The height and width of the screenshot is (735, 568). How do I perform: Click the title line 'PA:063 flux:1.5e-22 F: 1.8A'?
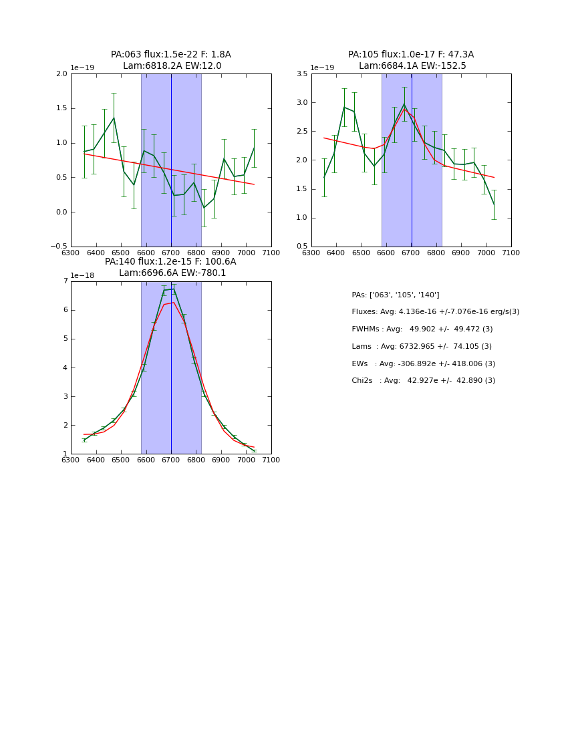(171, 55)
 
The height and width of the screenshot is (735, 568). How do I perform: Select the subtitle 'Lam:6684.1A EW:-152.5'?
(412, 66)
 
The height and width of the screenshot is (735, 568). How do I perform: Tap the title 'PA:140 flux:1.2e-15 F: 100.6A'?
(170, 262)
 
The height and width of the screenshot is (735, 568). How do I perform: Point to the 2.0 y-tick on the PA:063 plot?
(61, 74)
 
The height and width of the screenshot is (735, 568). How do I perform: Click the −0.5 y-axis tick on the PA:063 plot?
(59, 247)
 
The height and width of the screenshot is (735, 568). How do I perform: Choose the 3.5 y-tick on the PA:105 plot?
(302, 74)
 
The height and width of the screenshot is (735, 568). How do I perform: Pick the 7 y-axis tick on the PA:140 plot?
(65, 281)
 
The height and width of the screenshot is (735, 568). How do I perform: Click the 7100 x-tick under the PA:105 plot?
(511, 253)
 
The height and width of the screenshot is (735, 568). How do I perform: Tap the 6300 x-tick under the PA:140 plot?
(71, 460)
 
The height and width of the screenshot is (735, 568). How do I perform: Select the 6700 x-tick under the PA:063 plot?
(171, 253)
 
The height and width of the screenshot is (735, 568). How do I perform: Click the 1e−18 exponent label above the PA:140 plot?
(82, 275)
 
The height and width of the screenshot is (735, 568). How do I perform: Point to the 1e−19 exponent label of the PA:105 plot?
(322, 67)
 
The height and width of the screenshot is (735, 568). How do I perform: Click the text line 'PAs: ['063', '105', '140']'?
(396, 295)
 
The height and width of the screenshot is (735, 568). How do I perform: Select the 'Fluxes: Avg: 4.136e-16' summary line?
(435, 312)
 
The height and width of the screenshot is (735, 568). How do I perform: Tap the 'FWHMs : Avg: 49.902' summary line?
(422, 329)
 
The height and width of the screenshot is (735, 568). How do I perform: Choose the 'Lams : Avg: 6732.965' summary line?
(422, 347)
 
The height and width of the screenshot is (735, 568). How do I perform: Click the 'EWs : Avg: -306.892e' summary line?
(424, 364)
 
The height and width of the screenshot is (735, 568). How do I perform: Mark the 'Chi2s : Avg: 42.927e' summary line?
(424, 381)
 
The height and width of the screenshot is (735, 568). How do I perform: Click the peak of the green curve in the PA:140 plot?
(174, 289)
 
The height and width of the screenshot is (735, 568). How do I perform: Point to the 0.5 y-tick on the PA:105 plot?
(302, 247)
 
